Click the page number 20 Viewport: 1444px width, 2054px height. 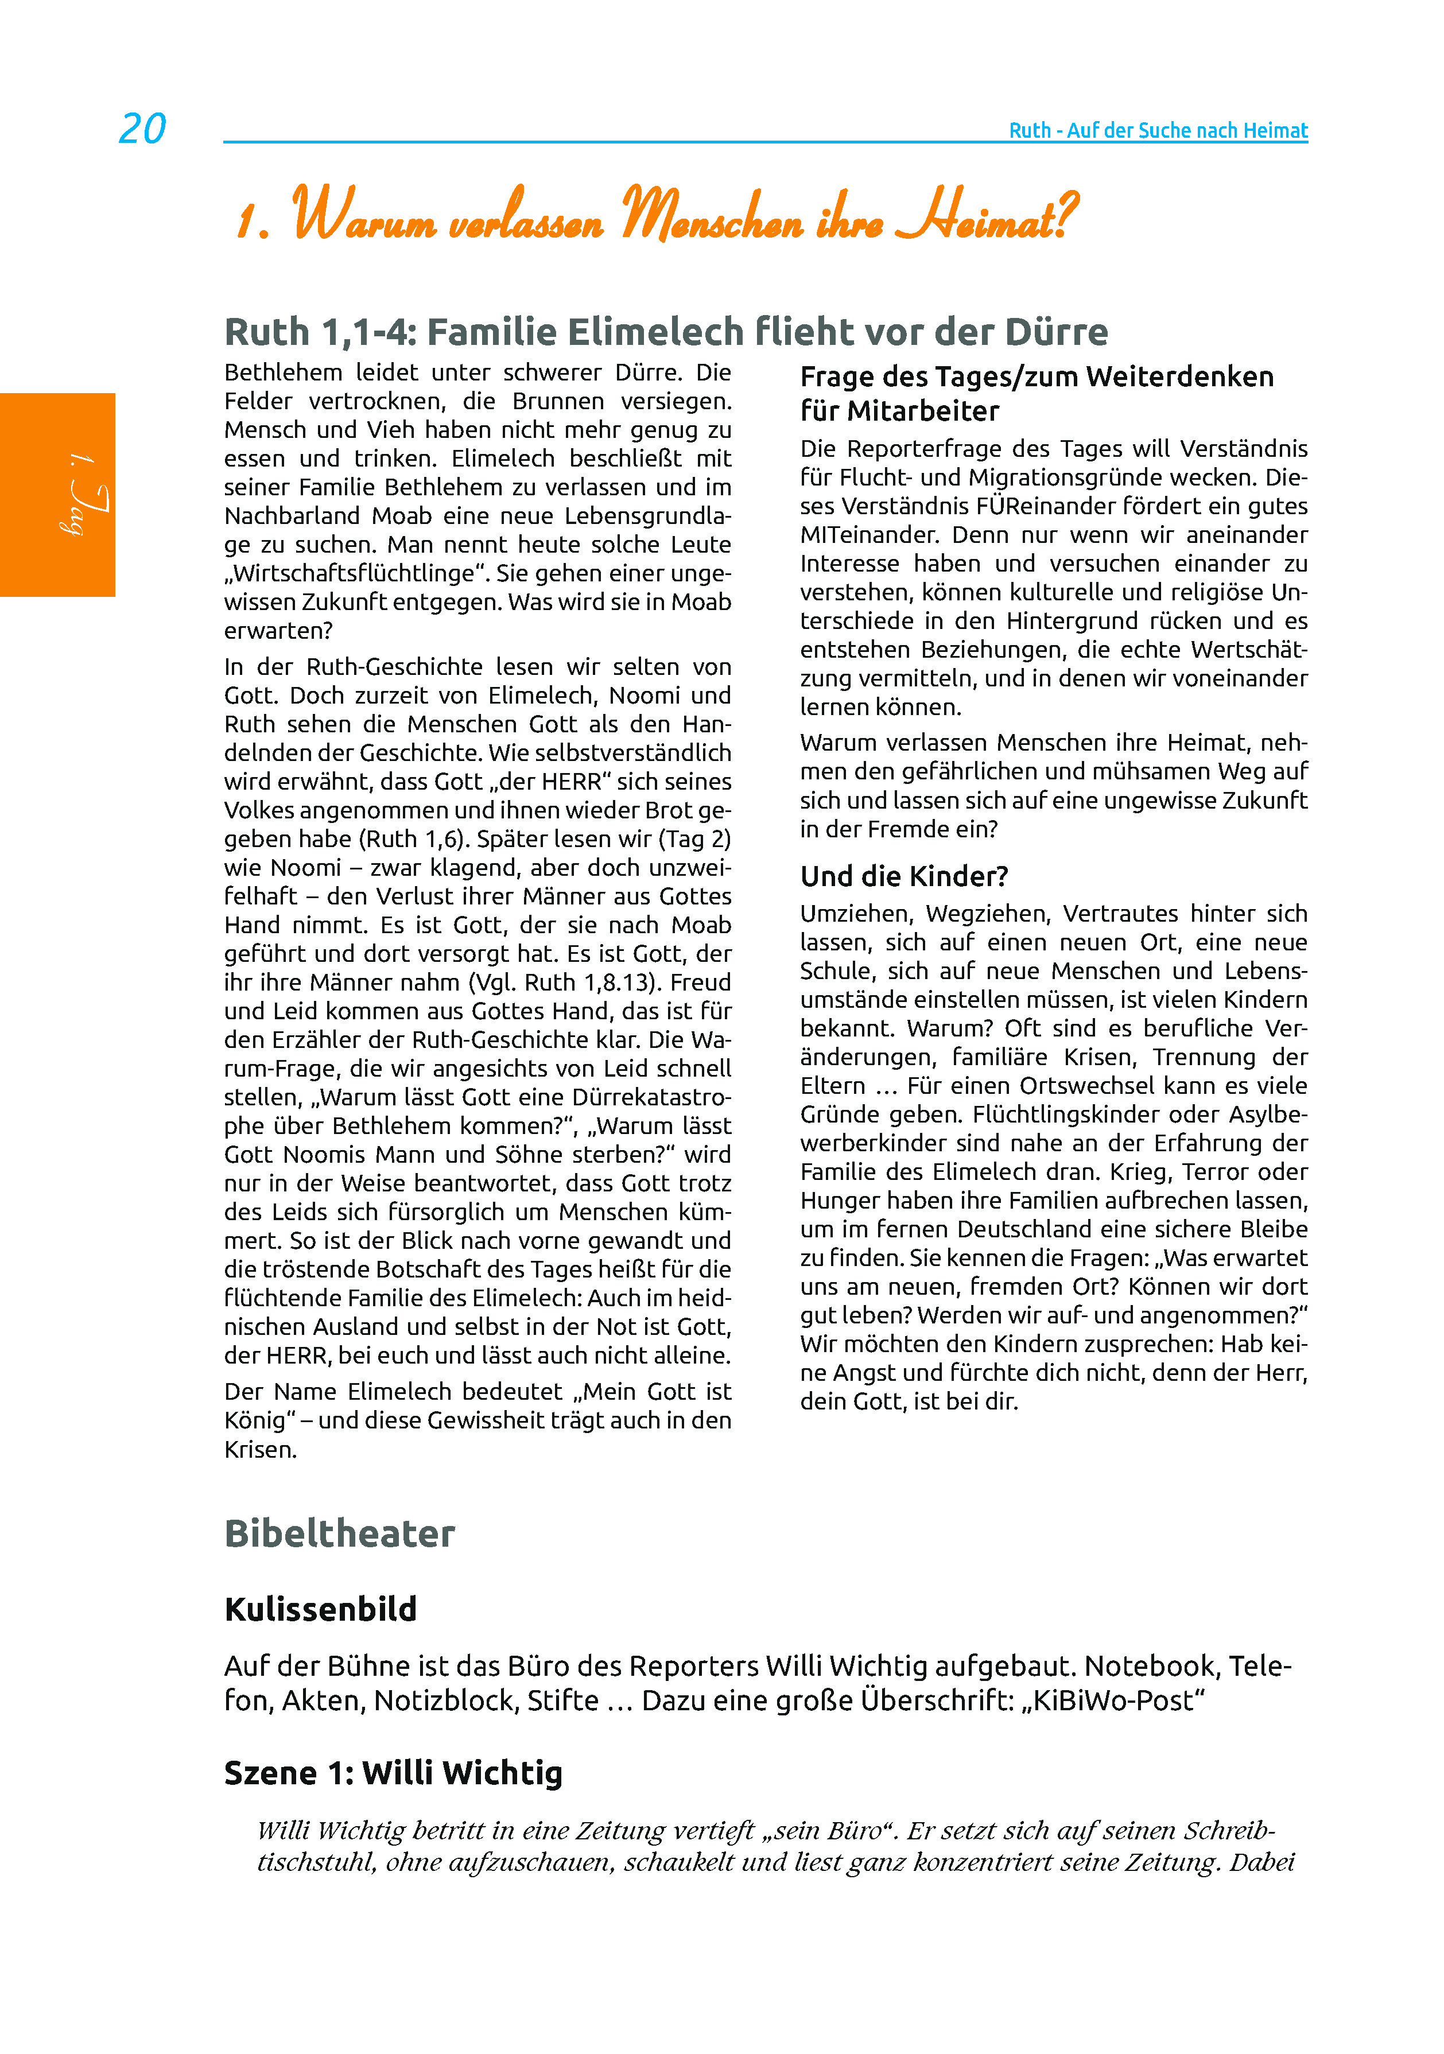[142, 129]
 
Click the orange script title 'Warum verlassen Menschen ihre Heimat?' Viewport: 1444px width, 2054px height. [658, 215]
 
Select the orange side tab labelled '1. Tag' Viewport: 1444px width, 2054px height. [57, 495]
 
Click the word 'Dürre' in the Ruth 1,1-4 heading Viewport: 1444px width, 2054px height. [1057, 332]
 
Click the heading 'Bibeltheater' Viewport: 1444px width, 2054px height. [339, 1533]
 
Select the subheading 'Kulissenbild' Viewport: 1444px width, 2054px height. [320, 1609]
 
